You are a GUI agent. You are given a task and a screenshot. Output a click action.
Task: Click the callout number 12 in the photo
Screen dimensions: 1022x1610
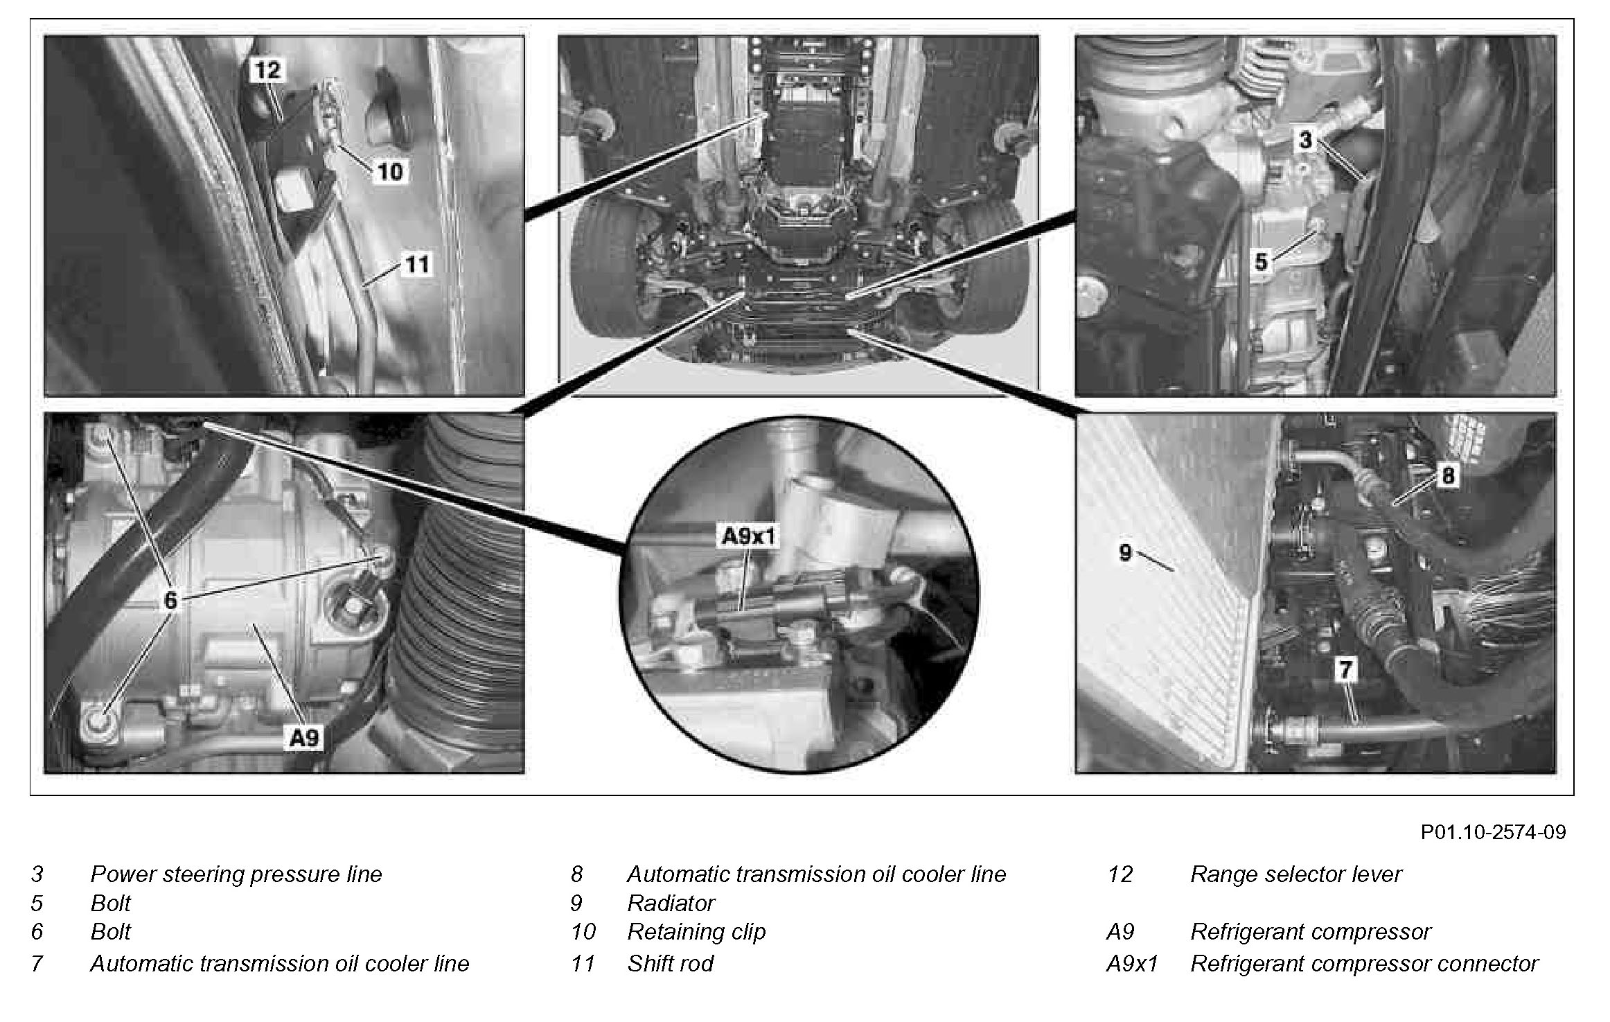tap(267, 70)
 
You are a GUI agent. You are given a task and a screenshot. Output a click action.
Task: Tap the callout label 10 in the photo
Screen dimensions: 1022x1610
tap(390, 171)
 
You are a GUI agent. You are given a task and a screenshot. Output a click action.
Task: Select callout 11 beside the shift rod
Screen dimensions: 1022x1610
tap(416, 264)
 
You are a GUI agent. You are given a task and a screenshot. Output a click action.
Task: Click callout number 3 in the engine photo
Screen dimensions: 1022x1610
tap(1305, 140)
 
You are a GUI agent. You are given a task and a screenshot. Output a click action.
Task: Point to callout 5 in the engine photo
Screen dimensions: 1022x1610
tap(1261, 262)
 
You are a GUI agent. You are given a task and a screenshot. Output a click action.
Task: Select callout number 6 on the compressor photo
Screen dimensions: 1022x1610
tap(170, 600)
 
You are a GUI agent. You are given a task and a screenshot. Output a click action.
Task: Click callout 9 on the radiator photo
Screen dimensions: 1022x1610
tap(1125, 552)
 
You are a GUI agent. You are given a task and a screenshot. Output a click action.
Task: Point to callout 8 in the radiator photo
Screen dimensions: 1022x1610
tap(1447, 475)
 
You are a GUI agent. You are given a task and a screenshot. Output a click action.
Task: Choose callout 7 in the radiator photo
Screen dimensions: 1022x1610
tap(1345, 669)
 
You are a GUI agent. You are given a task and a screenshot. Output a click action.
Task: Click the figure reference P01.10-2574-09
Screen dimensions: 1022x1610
tap(1493, 831)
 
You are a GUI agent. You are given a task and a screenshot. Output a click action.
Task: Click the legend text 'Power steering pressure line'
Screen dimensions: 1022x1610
tap(236, 874)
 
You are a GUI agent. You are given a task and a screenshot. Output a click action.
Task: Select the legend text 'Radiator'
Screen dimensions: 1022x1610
tap(671, 904)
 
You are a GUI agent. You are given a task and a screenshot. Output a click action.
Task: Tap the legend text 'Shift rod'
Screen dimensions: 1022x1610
tap(670, 964)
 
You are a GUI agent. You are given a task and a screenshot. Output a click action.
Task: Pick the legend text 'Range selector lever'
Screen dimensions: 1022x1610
tap(1295, 874)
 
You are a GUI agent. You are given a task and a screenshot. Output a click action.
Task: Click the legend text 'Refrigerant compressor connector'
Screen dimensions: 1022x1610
tap(1363, 964)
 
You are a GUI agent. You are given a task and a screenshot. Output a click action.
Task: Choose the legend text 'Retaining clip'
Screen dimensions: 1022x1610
tap(696, 932)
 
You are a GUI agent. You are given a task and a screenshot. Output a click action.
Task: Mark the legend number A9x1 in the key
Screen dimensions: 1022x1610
tap(1132, 964)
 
